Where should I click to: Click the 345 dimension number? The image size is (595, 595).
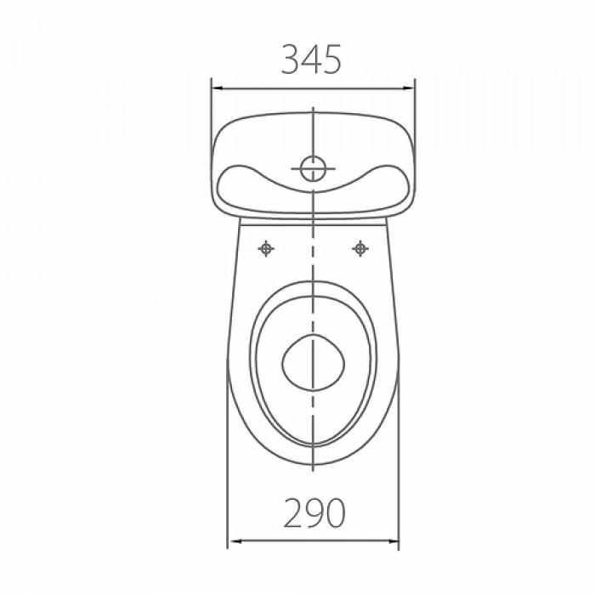(311, 59)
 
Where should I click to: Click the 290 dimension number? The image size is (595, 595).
(314, 513)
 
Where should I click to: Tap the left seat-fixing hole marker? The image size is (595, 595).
(266, 248)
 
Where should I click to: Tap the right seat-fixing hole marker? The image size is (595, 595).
(360, 248)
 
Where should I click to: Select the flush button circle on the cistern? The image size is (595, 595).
(313, 168)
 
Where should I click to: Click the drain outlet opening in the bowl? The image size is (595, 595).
(314, 363)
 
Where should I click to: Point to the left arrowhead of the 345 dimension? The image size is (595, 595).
(217, 88)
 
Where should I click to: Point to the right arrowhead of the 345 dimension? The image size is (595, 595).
(409, 88)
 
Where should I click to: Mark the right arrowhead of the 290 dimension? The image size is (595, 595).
(393, 541)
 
